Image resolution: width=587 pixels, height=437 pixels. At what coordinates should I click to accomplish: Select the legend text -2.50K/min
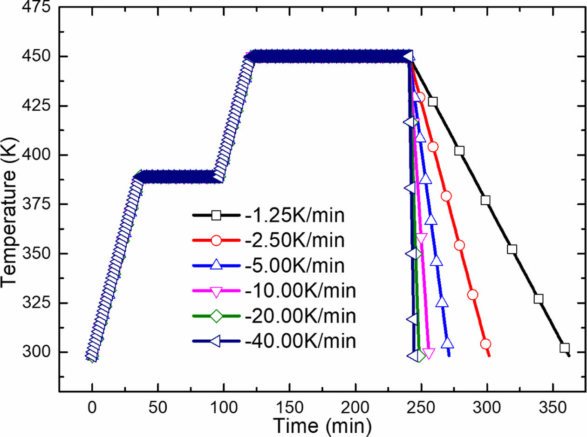pos(294,241)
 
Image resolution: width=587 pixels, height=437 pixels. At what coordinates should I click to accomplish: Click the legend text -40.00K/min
pos(300,342)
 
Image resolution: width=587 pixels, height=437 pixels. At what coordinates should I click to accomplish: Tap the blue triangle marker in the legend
pos(216,266)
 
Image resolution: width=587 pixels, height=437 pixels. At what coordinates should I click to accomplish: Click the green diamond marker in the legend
pos(216,316)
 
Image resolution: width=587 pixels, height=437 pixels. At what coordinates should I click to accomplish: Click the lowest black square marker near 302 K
pos(565,348)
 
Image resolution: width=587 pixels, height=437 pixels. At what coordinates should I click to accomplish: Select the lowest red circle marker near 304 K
pos(485,344)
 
